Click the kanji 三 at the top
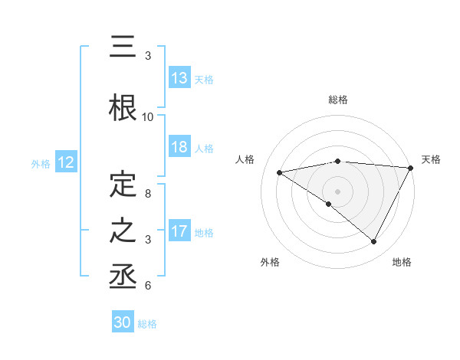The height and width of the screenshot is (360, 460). coord(123,47)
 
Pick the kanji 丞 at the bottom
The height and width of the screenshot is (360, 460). coord(123,276)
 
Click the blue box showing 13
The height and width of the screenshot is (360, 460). coord(179,78)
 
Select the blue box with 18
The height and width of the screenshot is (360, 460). coord(179,148)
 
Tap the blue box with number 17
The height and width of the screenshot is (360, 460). coord(179,231)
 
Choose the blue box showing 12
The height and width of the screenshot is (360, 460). coord(65,163)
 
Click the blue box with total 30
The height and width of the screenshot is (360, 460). coord(123,323)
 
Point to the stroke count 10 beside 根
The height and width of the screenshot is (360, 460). coord(148,117)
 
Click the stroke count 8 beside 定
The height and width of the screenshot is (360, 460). coord(148,194)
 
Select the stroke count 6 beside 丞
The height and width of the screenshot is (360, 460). coord(148,286)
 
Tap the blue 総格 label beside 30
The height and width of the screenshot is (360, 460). coord(147,324)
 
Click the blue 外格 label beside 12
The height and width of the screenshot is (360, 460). coord(40,164)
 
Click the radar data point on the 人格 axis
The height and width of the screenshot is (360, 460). coord(279,172)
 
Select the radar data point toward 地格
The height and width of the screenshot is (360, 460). coord(373,242)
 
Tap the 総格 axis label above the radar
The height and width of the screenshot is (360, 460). coord(337,100)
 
